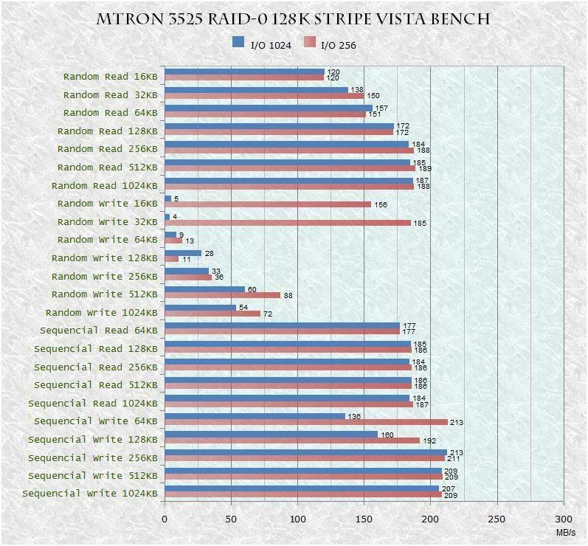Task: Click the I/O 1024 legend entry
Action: click(262, 44)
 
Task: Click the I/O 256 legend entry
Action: click(329, 44)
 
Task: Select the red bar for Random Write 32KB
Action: click(287, 223)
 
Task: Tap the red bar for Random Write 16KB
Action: click(267, 204)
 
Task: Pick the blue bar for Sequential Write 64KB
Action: click(255, 416)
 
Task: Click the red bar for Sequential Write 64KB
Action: click(305, 422)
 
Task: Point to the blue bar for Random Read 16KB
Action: click(244, 72)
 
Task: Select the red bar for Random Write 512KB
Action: click(222, 295)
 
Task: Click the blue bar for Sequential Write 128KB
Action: click(271, 435)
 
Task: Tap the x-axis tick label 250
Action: click(497, 519)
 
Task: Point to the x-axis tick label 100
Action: click(298, 519)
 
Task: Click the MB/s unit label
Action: click(567, 531)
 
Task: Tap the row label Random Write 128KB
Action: click(104, 258)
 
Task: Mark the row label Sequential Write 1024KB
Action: click(89, 494)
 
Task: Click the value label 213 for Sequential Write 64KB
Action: click(456, 423)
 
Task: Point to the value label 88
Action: click(288, 296)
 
